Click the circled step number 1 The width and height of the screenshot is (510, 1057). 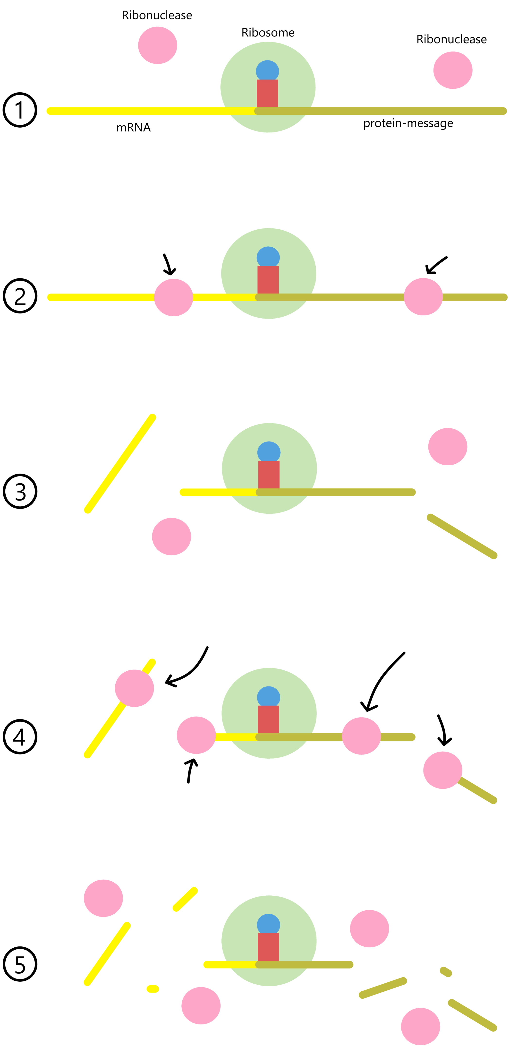pyautogui.click(x=20, y=110)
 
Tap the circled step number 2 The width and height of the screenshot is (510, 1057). pyautogui.click(x=20, y=296)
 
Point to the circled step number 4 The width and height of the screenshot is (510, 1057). pyautogui.click(x=20, y=736)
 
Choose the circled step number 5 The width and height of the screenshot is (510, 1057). pyautogui.click(x=20, y=964)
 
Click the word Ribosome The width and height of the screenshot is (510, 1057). pyautogui.click(x=268, y=32)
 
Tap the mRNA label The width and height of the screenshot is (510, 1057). pyautogui.click(x=134, y=128)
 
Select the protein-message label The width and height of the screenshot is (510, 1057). pyautogui.click(x=408, y=123)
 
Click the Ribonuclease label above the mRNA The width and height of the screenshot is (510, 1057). pyautogui.click(x=157, y=15)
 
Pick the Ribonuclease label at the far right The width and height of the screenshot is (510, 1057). pyautogui.click(x=451, y=39)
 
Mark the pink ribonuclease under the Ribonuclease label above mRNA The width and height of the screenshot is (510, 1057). pyautogui.click(x=157, y=45)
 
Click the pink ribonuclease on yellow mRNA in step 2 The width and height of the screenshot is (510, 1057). pyautogui.click(x=173, y=297)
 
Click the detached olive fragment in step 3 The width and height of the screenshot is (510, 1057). pyautogui.click(x=462, y=536)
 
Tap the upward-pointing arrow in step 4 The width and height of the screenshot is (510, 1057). pyautogui.click(x=191, y=771)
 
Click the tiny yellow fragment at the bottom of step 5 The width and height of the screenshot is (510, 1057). pyautogui.click(x=153, y=989)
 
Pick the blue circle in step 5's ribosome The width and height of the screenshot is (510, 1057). pyautogui.click(x=269, y=925)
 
